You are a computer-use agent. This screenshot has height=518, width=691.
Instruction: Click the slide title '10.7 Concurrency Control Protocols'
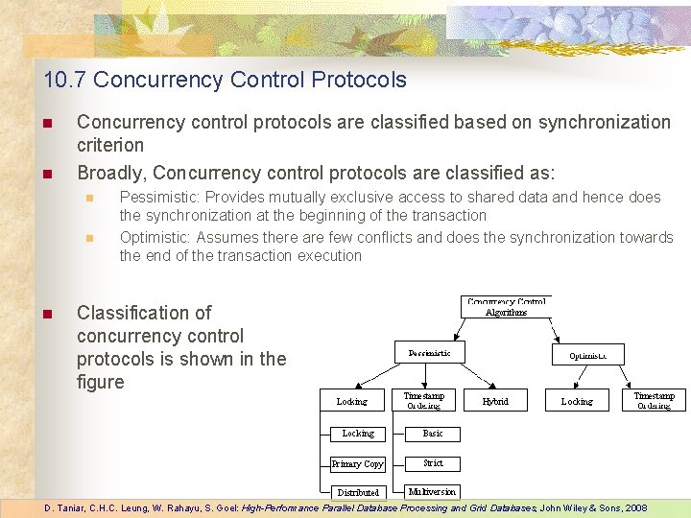[225, 80]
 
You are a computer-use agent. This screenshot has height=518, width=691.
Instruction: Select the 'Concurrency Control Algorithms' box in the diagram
[506, 307]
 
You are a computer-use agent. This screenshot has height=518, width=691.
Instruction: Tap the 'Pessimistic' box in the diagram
[429, 353]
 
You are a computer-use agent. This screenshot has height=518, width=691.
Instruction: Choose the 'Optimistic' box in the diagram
[587, 355]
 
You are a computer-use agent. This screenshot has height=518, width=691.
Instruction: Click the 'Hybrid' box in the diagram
[495, 401]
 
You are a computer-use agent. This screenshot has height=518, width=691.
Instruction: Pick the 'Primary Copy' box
[358, 464]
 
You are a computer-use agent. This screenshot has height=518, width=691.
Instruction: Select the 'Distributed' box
[358, 492]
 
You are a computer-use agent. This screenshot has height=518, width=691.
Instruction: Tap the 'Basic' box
[433, 434]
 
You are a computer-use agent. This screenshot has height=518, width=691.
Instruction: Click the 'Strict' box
[433, 463]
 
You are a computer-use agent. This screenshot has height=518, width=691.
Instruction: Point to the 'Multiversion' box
[432, 492]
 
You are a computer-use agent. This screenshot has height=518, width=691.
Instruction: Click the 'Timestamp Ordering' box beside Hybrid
[423, 400]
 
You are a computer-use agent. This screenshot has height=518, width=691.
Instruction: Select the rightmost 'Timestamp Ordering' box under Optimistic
[654, 400]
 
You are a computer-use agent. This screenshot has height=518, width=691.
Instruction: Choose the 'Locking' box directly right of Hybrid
[577, 401]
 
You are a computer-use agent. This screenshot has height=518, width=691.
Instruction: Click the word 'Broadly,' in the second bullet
[111, 173]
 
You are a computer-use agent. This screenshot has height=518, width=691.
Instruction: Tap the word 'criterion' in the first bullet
[110, 145]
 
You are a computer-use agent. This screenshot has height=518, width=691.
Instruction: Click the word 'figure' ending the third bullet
[101, 382]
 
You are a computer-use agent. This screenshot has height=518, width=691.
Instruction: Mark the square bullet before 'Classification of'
[44, 313]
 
